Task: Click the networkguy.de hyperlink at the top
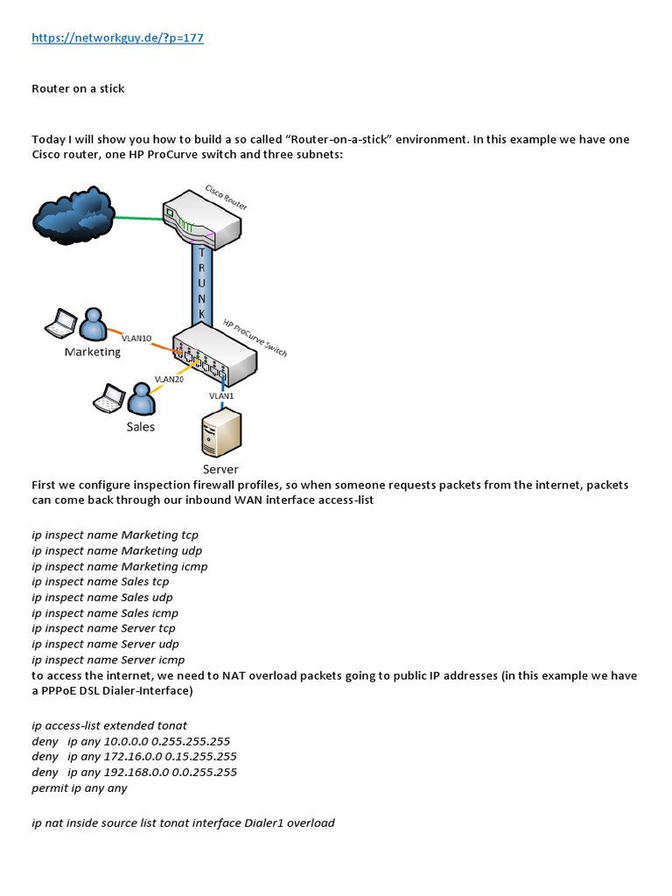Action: click(117, 38)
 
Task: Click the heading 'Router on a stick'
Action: click(78, 89)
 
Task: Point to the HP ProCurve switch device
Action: click(214, 350)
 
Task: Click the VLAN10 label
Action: click(136, 337)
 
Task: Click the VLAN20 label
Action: click(168, 379)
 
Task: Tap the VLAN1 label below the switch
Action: click(221, 395)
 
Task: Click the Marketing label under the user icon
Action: click(93, 352)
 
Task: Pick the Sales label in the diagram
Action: click(140, 426)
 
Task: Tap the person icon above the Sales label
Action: click(141, 400)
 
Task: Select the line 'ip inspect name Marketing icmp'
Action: click(119, 566)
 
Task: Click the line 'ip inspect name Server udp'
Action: click(105, 643)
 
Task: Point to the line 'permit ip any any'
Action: click(79, 787)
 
